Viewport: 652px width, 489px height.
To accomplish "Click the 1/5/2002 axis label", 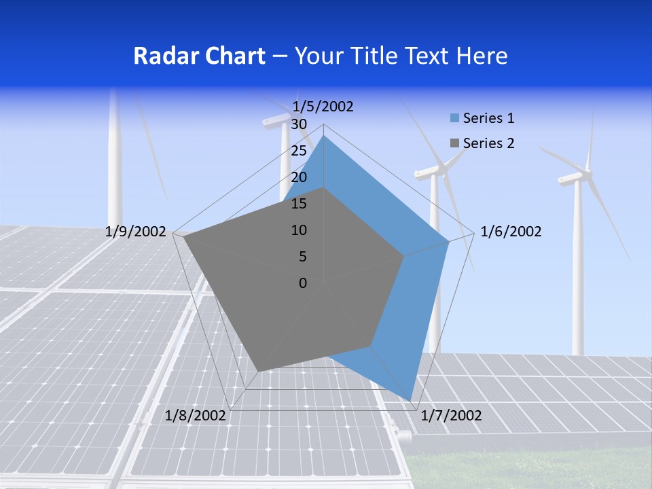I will (323, 107).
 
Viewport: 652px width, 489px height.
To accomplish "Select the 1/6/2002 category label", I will (511, 232).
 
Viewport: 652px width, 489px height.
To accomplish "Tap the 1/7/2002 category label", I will (451, 416).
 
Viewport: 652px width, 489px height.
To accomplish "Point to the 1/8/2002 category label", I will (196, 416).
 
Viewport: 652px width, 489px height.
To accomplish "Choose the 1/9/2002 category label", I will (136, 232).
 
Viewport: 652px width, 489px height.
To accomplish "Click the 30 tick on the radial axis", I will (299, 124).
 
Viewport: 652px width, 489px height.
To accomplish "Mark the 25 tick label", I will (299, 151).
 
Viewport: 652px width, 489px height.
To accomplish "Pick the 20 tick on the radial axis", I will (299, 177).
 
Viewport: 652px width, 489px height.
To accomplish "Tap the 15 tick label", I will (299, 204).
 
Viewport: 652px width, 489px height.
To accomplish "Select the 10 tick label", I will (299, 230).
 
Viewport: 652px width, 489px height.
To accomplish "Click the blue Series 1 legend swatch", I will (455, 118).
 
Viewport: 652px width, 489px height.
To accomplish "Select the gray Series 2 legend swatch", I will (455, 143).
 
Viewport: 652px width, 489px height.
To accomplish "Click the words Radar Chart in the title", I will (199, 56).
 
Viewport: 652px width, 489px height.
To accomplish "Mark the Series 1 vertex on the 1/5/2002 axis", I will (324, 136).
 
